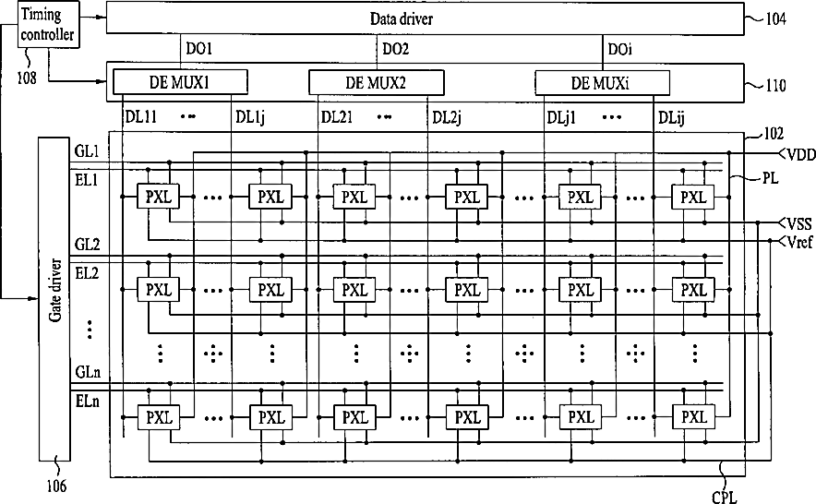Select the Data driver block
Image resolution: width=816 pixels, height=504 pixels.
[425, 18]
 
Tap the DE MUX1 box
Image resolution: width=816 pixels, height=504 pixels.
[180, 82]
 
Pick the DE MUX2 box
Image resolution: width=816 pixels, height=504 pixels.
[375, 83]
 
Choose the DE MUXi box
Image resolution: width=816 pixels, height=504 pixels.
[602, 83]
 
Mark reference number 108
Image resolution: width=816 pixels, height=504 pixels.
[27, 78]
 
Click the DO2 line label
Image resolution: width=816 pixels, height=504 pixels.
[395, 48]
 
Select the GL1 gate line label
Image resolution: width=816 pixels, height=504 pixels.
[87, 150]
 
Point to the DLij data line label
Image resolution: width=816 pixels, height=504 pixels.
[672, 117]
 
